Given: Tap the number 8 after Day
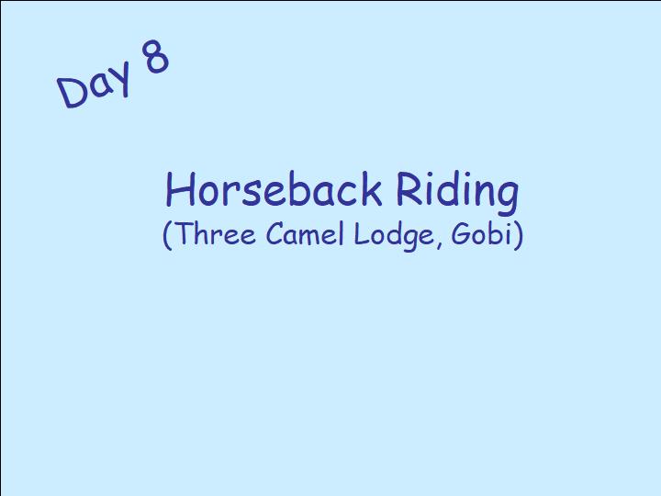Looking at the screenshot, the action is coord(156,56).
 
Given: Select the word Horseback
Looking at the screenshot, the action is coord(274,189).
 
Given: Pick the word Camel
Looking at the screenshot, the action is coord(305,233).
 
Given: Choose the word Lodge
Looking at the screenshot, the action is coord(394,236).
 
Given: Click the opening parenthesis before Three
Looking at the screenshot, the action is coord(167,235).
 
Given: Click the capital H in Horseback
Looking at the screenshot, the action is coord(179,189).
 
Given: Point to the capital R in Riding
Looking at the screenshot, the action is coord(408,188).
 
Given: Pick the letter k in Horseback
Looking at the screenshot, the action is coord(371,188).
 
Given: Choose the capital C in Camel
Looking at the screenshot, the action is coord(275,233).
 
